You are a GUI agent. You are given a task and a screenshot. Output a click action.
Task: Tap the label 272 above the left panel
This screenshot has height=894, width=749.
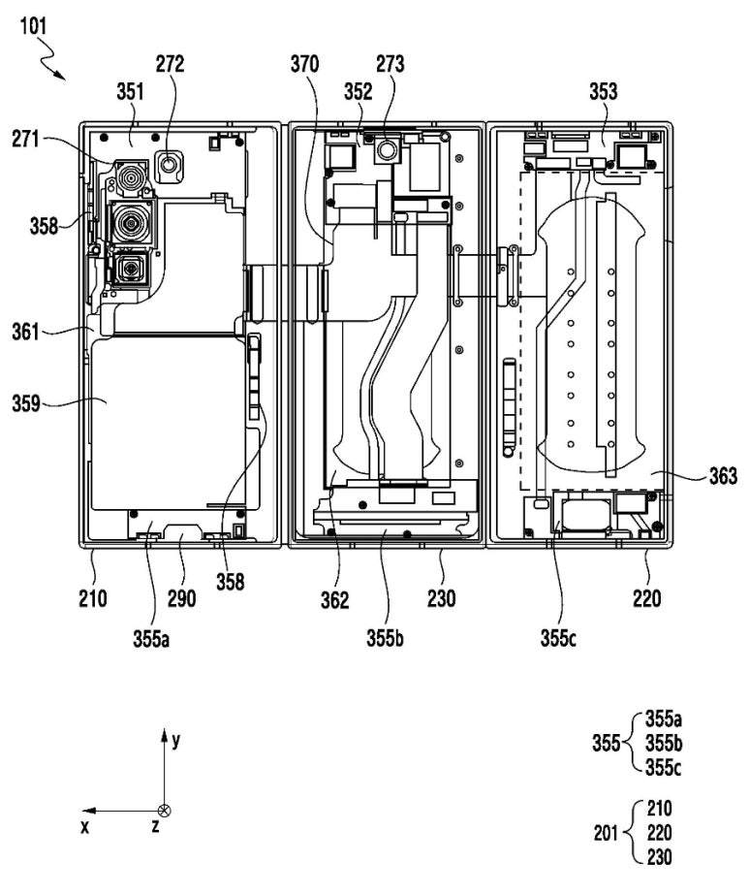(170, 66)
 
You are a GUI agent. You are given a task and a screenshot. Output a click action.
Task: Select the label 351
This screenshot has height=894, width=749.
(130, 92)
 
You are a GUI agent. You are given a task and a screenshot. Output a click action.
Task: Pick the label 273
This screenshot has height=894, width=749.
(390, 66)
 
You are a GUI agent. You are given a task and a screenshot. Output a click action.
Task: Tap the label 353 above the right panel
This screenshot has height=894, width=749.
(603, 92)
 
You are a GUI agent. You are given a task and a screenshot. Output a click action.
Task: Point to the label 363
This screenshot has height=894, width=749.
(718, 476)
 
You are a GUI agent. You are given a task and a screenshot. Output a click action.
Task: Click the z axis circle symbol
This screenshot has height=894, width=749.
(164, 811)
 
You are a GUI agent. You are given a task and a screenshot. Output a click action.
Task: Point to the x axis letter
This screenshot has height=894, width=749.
(86, 827)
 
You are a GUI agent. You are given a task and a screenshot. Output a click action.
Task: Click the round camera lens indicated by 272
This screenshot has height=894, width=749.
(172, 166)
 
